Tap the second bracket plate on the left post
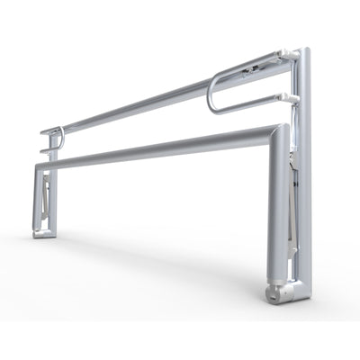point(47,149)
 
